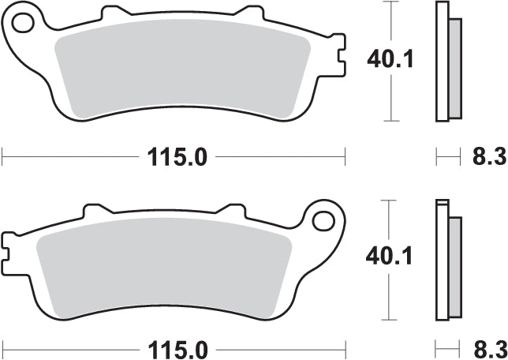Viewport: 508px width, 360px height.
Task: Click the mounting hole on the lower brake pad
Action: [x=323, y=217]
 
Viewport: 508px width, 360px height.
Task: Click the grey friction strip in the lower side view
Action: [x=454, y=264]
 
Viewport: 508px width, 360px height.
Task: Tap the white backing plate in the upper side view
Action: [x=441, y=62]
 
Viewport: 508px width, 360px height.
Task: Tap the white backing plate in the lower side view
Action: [x=441, y=261]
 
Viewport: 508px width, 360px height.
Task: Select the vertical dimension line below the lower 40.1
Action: [x=388, y=296]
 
